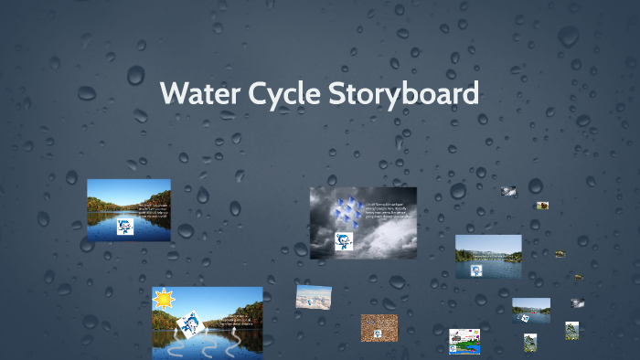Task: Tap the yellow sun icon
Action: (x=164, y=298)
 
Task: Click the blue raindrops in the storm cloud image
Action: (x=347, y=213)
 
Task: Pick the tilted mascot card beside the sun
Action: (x=190, y=323)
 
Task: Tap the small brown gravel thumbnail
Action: (x=379, y=327)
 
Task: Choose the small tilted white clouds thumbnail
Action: (x=313, y=297)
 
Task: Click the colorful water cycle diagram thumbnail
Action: (x=464, y=342)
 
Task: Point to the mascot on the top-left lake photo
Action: (x=126, y=228)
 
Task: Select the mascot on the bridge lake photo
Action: (x=476, y=270)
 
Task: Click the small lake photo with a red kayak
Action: (x=530, y=308)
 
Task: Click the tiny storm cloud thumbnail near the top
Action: (x=509, y=192)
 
